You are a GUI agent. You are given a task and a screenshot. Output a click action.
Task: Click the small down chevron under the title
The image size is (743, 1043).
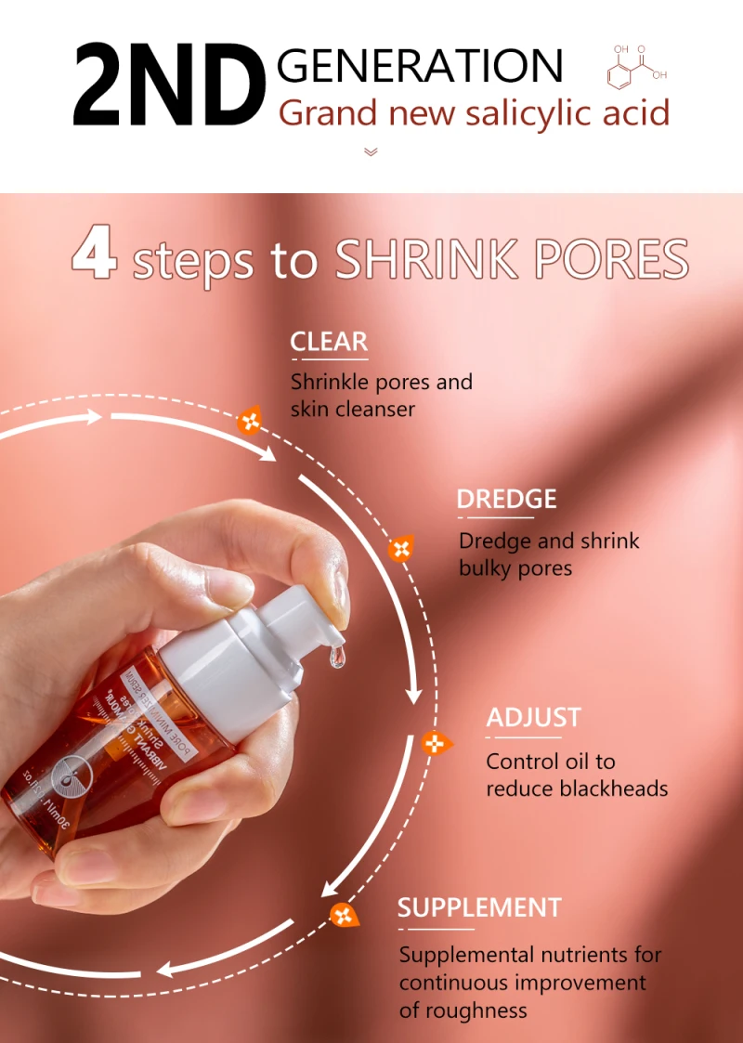coord(371,151)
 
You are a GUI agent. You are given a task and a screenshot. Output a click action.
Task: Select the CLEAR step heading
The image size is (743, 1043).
coord(329,342)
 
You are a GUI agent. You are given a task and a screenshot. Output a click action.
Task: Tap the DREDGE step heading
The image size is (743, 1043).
coord(506,499)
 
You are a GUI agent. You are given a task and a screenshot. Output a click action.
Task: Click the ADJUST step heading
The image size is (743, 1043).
coord(533,718)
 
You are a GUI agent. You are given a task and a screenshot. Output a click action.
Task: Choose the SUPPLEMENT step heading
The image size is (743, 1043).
coord(479,907)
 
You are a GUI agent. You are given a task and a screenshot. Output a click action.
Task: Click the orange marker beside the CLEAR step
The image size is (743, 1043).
coord(250,422)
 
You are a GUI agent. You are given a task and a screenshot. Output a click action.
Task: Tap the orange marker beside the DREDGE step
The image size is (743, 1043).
coord(400,548)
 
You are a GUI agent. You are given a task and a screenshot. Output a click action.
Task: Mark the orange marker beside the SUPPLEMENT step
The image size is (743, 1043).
coord(344,915)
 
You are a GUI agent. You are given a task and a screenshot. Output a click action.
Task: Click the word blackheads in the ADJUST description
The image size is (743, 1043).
coord(615,789)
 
